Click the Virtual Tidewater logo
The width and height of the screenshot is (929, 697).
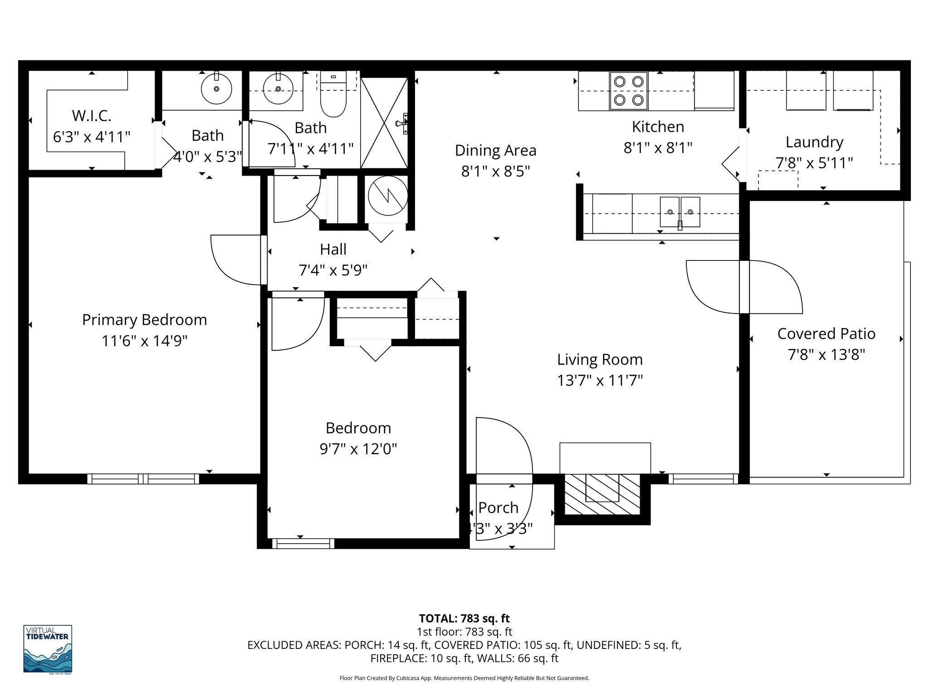pos(48,648)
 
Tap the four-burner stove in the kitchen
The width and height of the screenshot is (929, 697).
pos(628,91)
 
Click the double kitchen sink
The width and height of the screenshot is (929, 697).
pos(680,211)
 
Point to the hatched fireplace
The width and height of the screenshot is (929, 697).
pos(602,495)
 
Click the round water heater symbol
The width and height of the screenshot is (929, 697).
pos(388,196)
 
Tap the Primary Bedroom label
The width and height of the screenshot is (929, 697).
pos(144,320)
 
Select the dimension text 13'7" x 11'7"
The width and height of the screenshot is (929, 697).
pos(600,380)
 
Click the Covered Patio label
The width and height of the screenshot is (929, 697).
pos(826,334)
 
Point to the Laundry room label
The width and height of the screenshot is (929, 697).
pos(814,142)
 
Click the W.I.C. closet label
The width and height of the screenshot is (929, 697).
pos(92,116)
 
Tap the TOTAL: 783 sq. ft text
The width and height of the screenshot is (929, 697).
pos(464,618)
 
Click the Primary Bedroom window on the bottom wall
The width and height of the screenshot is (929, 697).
pos(143,479)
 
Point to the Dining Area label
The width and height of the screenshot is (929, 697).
pos(495,150)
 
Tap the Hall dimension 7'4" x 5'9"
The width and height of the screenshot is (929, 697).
pos(333,270)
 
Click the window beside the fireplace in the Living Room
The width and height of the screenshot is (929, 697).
pos(701,478)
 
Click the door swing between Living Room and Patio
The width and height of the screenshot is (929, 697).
pos(744,287)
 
